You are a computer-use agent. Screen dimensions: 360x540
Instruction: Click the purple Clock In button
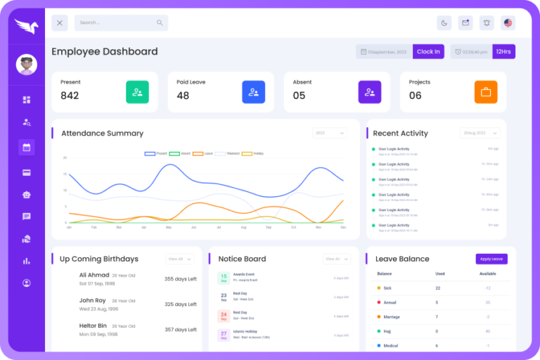[x=428, y=51]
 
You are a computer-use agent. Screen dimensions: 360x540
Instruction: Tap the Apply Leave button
[x=491, y=259]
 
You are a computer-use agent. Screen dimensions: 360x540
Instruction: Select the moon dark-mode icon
[x=444, y=22]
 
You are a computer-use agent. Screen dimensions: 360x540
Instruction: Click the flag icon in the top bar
[x=508, y=22]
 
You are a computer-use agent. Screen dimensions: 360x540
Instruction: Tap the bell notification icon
[x=486, y=22]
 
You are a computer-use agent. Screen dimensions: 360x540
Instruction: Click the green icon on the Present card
[x=137, y=92]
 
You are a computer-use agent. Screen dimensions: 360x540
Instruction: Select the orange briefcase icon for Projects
[x=485, y=92]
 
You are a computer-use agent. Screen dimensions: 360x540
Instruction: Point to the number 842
[x=70, y=96]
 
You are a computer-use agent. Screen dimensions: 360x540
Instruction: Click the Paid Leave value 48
[x=183, y=96]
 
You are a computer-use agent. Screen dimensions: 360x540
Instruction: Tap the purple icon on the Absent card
[x=369, y=92]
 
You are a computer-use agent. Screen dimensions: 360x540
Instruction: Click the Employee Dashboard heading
[x=104, y=51]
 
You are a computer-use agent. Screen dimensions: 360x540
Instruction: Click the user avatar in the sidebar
[x=27, y=65]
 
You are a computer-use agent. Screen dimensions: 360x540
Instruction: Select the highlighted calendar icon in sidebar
[x=27, y=147]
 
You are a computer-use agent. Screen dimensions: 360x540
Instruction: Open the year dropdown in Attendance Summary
[x=330, y=133]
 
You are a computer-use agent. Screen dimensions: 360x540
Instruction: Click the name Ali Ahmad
[x=94, y=275]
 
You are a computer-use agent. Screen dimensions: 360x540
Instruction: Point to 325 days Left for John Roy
[x=181, y=304]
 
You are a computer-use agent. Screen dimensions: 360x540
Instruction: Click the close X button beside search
[x=60, y=22]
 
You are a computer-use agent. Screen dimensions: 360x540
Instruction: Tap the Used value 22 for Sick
[x=438, y=288]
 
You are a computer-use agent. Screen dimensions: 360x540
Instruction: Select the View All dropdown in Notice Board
[x=336, y=259]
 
